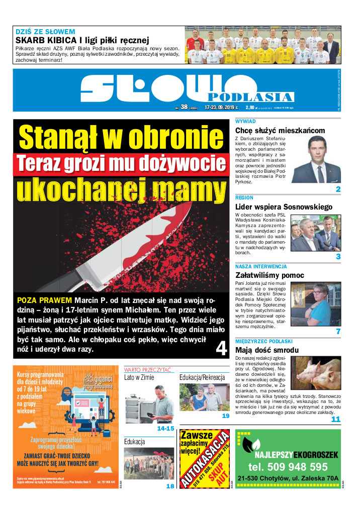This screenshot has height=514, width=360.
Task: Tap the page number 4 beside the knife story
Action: click(x=221, y=349)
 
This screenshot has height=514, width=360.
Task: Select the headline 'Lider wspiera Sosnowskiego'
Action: click(x=284, y=207)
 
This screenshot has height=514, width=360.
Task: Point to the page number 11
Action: click(x=335, y=419)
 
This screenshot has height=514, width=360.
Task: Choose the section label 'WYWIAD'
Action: click(x=245, y=122)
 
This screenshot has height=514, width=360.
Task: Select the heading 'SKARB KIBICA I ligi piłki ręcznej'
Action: click(x=82, y=40)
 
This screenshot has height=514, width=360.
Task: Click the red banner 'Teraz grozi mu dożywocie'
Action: click(x=120, y=164)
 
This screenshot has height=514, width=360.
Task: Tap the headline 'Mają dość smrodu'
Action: click(x=267, y=350)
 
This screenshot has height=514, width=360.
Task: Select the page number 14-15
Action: click(x=165, y=429)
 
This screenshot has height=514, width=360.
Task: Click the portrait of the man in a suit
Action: click(x=316, y=160)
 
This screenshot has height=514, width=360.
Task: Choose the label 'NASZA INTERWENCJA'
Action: click(x=261, y=266)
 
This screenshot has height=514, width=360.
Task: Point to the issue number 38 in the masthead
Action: click(x=184, y=107)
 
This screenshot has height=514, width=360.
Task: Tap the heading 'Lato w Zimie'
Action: click(x=139, y=377)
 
